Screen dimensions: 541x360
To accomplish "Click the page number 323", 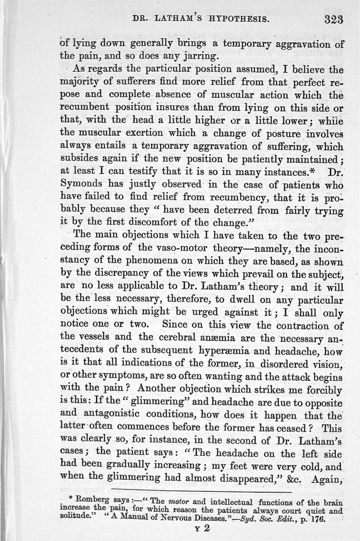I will [x=333, y=19].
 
